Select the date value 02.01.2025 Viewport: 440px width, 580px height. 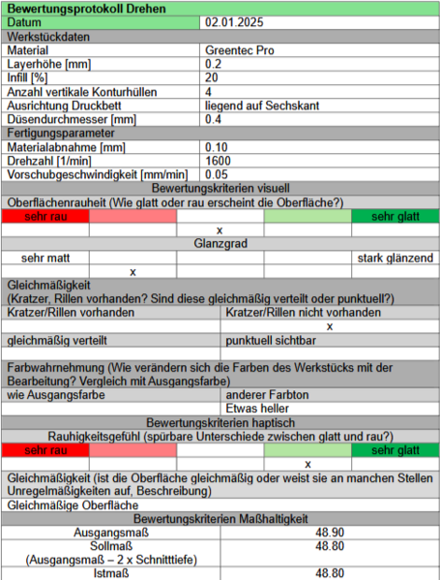tap(234, 21)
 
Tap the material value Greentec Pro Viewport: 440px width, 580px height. tap(239, 49)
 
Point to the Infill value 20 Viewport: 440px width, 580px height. tap(212, 77)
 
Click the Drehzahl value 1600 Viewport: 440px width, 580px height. tap(218, 161)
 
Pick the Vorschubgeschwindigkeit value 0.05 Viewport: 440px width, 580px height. tap(217, 174)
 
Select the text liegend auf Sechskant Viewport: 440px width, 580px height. tap(263, 106)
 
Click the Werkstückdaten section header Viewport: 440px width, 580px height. tap(49, 36)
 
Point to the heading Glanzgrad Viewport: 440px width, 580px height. tap(220, 244)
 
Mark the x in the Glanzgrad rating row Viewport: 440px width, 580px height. tap(132, 272)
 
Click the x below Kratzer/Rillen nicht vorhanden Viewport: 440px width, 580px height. tap(330, 327)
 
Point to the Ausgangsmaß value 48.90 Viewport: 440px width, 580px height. tap(330, 533)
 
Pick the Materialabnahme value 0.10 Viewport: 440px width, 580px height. tap(217, 147)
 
